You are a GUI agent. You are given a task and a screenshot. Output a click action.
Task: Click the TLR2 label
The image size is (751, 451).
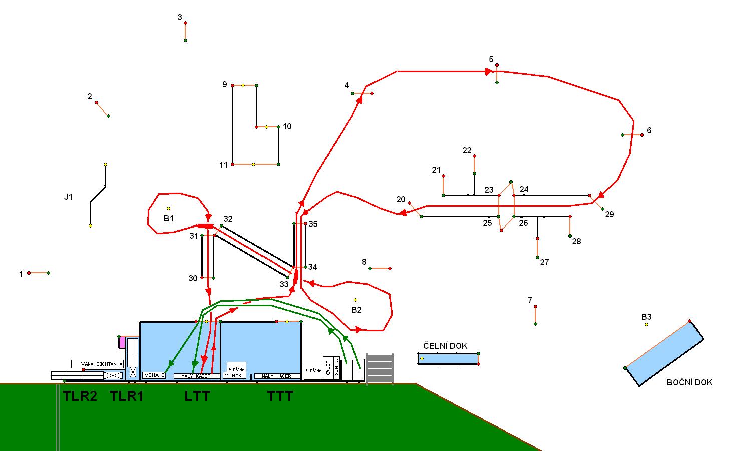[x=80, y=396]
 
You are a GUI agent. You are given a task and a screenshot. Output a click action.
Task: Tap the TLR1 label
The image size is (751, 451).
[x=127, y=396]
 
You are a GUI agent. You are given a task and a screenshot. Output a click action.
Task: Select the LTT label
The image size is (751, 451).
[x=197, y=396]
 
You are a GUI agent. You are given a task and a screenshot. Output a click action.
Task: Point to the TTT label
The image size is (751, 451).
[x=280, y=396]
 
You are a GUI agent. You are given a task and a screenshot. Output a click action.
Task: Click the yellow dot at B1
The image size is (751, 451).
[x=168, y=208]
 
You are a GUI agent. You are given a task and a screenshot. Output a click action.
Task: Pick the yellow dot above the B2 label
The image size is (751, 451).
[x=356, y=300]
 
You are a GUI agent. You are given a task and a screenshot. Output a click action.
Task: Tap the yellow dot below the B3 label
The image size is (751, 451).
[x=646, y=325]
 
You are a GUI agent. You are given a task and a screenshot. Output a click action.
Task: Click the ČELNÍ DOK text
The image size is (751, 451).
[x=445, y=346]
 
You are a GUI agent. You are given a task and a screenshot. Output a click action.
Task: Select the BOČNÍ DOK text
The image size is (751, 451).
[x=689, y=382]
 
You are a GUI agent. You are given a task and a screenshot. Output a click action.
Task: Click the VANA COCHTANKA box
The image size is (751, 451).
[x=97, y=364]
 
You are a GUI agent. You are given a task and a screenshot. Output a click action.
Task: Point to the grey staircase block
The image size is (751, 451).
[x=380, y=368]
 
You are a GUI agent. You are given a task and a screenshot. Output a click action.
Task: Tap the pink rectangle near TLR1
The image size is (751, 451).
[x=122, y=342]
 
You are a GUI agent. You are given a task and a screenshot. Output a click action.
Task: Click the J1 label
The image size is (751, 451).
[x=68, y=197]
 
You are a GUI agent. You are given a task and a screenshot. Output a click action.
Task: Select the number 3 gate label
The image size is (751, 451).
[x=180, y=18]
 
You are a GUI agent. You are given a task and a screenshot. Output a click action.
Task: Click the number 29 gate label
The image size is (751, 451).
[x=609, y=214]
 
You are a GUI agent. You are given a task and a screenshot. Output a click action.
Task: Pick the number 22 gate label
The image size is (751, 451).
[x=467, y=150]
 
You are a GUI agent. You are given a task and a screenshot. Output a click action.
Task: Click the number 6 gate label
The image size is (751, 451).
[x=649, y=130]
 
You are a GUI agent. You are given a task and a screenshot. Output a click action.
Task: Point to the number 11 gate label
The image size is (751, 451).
[x=223, y=165]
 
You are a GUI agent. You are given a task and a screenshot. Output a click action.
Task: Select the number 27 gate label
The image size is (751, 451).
[x=544, y=262]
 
